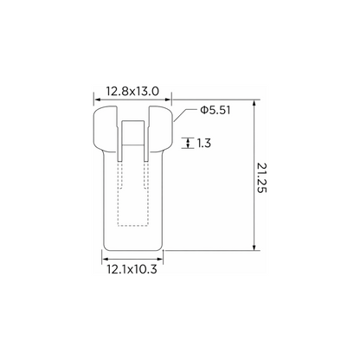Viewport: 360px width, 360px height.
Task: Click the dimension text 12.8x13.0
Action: (132, 92)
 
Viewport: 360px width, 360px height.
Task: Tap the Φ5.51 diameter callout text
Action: (215, 110)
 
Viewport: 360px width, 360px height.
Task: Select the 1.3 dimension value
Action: (204, 143)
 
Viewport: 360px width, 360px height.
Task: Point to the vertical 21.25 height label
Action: (261, 177)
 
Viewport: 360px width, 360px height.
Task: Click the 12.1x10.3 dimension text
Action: (132, 269)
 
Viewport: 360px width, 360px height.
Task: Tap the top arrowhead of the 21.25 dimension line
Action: (254, 103)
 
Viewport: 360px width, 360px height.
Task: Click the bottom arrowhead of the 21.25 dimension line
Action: (254, 247)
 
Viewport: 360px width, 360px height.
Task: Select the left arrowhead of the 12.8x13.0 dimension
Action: (97, 100)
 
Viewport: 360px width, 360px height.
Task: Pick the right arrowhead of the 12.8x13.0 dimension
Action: (168, 100)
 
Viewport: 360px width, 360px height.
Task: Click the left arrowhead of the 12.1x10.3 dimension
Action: (106, 259)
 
